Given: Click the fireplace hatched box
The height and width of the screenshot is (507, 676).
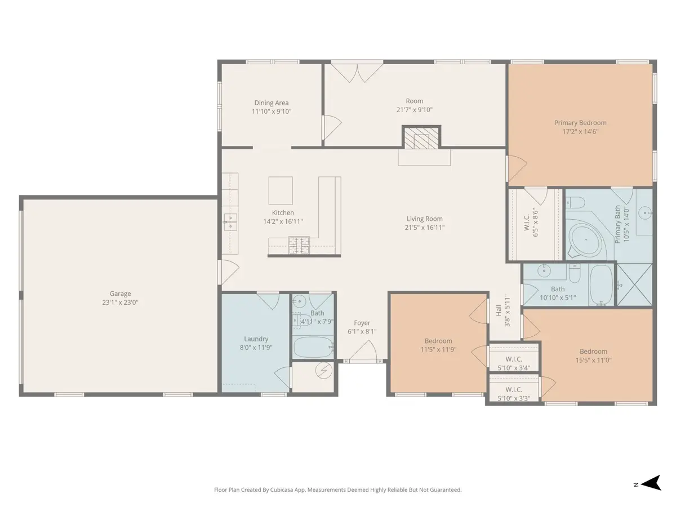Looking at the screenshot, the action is coord(421,138).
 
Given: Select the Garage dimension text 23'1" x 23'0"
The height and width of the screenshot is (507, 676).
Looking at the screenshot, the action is coord(120,303).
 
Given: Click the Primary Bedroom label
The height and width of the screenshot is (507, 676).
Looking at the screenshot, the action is coord(580,122).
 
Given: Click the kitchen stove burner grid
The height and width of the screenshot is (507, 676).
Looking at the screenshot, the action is coord(299,245).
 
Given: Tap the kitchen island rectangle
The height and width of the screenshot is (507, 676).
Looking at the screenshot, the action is coord(280,190).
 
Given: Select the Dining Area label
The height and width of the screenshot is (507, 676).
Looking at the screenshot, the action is coord(272,103).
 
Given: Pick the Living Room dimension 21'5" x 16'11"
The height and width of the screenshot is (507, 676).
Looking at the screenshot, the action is coord(424,228).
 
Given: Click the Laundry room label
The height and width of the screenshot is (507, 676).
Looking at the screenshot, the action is coord(256,339).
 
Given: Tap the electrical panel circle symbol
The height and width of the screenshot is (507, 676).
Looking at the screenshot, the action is coord(324,370).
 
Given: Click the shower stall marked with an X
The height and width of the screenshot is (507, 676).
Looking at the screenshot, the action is coord(634,284).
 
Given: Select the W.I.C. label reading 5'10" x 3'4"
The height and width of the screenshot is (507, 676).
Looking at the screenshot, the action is coord(514,368).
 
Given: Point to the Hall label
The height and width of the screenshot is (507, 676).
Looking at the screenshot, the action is coord(499,310).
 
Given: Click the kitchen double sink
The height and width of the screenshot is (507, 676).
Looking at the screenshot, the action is coord(230,223).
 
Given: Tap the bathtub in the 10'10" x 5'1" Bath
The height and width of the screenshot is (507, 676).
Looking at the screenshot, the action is coord(601,284).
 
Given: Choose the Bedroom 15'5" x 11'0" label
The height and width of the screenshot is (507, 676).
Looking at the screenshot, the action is coord(593,351).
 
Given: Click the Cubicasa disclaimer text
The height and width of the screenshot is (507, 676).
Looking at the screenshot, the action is coord(338,490).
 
